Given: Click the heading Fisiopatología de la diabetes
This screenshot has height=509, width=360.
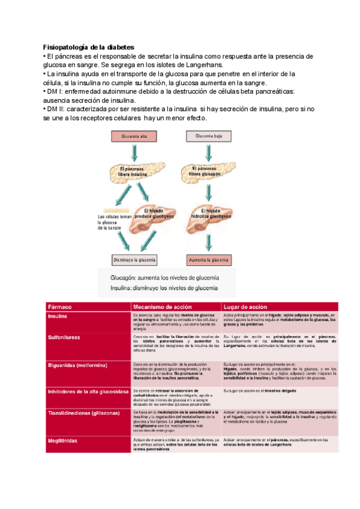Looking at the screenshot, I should pos(89,47).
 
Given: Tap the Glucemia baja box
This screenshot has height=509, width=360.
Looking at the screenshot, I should pos(208,136).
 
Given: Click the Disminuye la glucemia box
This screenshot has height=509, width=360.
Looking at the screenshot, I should pos(134,260).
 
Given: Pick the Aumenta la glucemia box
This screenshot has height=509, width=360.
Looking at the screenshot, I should pos(209,260).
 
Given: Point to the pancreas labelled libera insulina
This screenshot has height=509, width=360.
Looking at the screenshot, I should pos(133,172).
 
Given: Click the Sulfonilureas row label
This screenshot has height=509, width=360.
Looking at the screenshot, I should pos(64,338).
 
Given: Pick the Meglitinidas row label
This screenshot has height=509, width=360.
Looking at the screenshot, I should pos(63,440).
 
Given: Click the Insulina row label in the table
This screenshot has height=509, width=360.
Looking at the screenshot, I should pos(58,316).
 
